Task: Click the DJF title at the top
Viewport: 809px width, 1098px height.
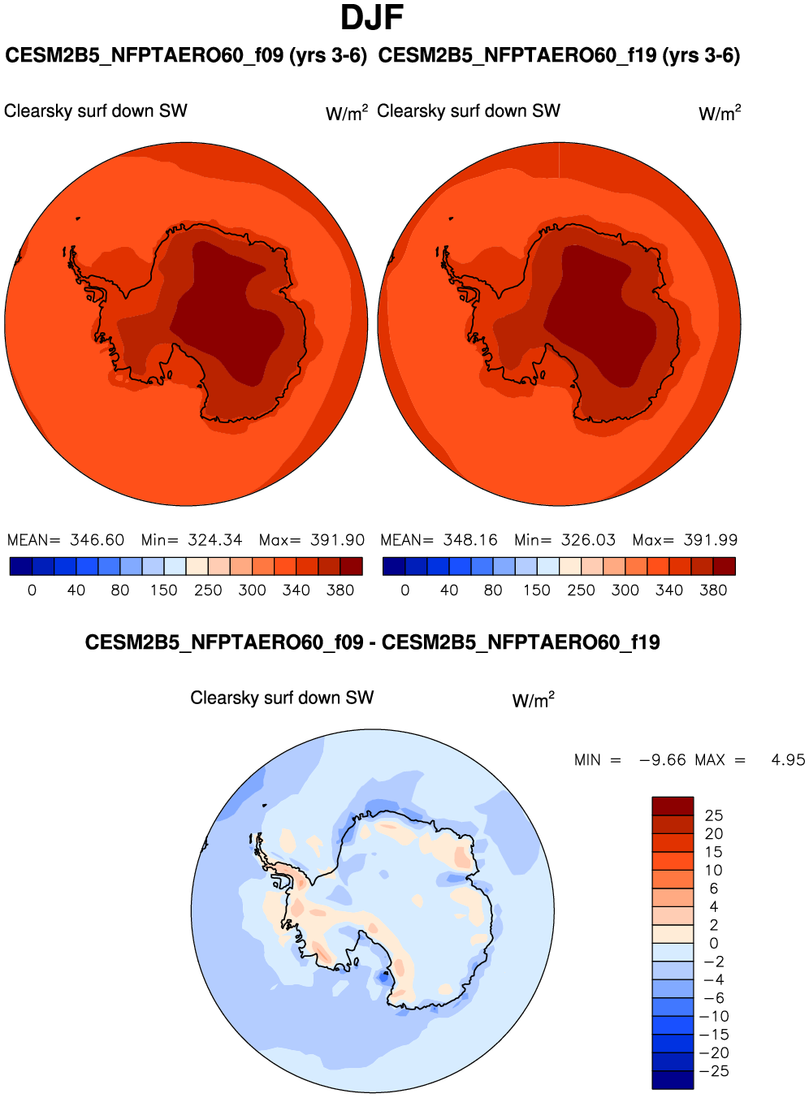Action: tap(372, 18)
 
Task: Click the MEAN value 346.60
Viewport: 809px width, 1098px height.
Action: tap(97, 540)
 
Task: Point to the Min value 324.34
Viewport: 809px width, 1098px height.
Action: tap(214, 540)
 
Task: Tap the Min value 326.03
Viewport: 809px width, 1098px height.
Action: tap(588, 540)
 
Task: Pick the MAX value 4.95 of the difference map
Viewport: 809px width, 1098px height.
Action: tap(788, 760)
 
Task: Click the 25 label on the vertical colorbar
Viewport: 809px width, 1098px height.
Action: tap(714, 815)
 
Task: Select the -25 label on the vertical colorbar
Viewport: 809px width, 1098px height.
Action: tap(715, 1071)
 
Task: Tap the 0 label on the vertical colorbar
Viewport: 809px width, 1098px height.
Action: tap(714, 944)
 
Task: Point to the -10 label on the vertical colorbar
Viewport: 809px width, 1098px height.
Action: tap(715, 1017)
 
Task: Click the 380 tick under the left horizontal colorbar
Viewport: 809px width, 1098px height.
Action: tap(340, 590)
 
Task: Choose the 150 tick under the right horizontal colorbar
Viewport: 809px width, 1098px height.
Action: tap(537, 590)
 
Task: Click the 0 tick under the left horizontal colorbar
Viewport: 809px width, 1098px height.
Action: tap(32, 590)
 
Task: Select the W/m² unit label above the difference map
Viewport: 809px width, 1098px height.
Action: tap(533, 700)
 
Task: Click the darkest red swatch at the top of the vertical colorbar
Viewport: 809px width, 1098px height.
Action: tap(673, 806)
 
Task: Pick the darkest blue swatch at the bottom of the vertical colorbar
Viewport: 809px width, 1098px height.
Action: tap(673, 1080)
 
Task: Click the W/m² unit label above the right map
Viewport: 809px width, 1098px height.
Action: tap(720, 113)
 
